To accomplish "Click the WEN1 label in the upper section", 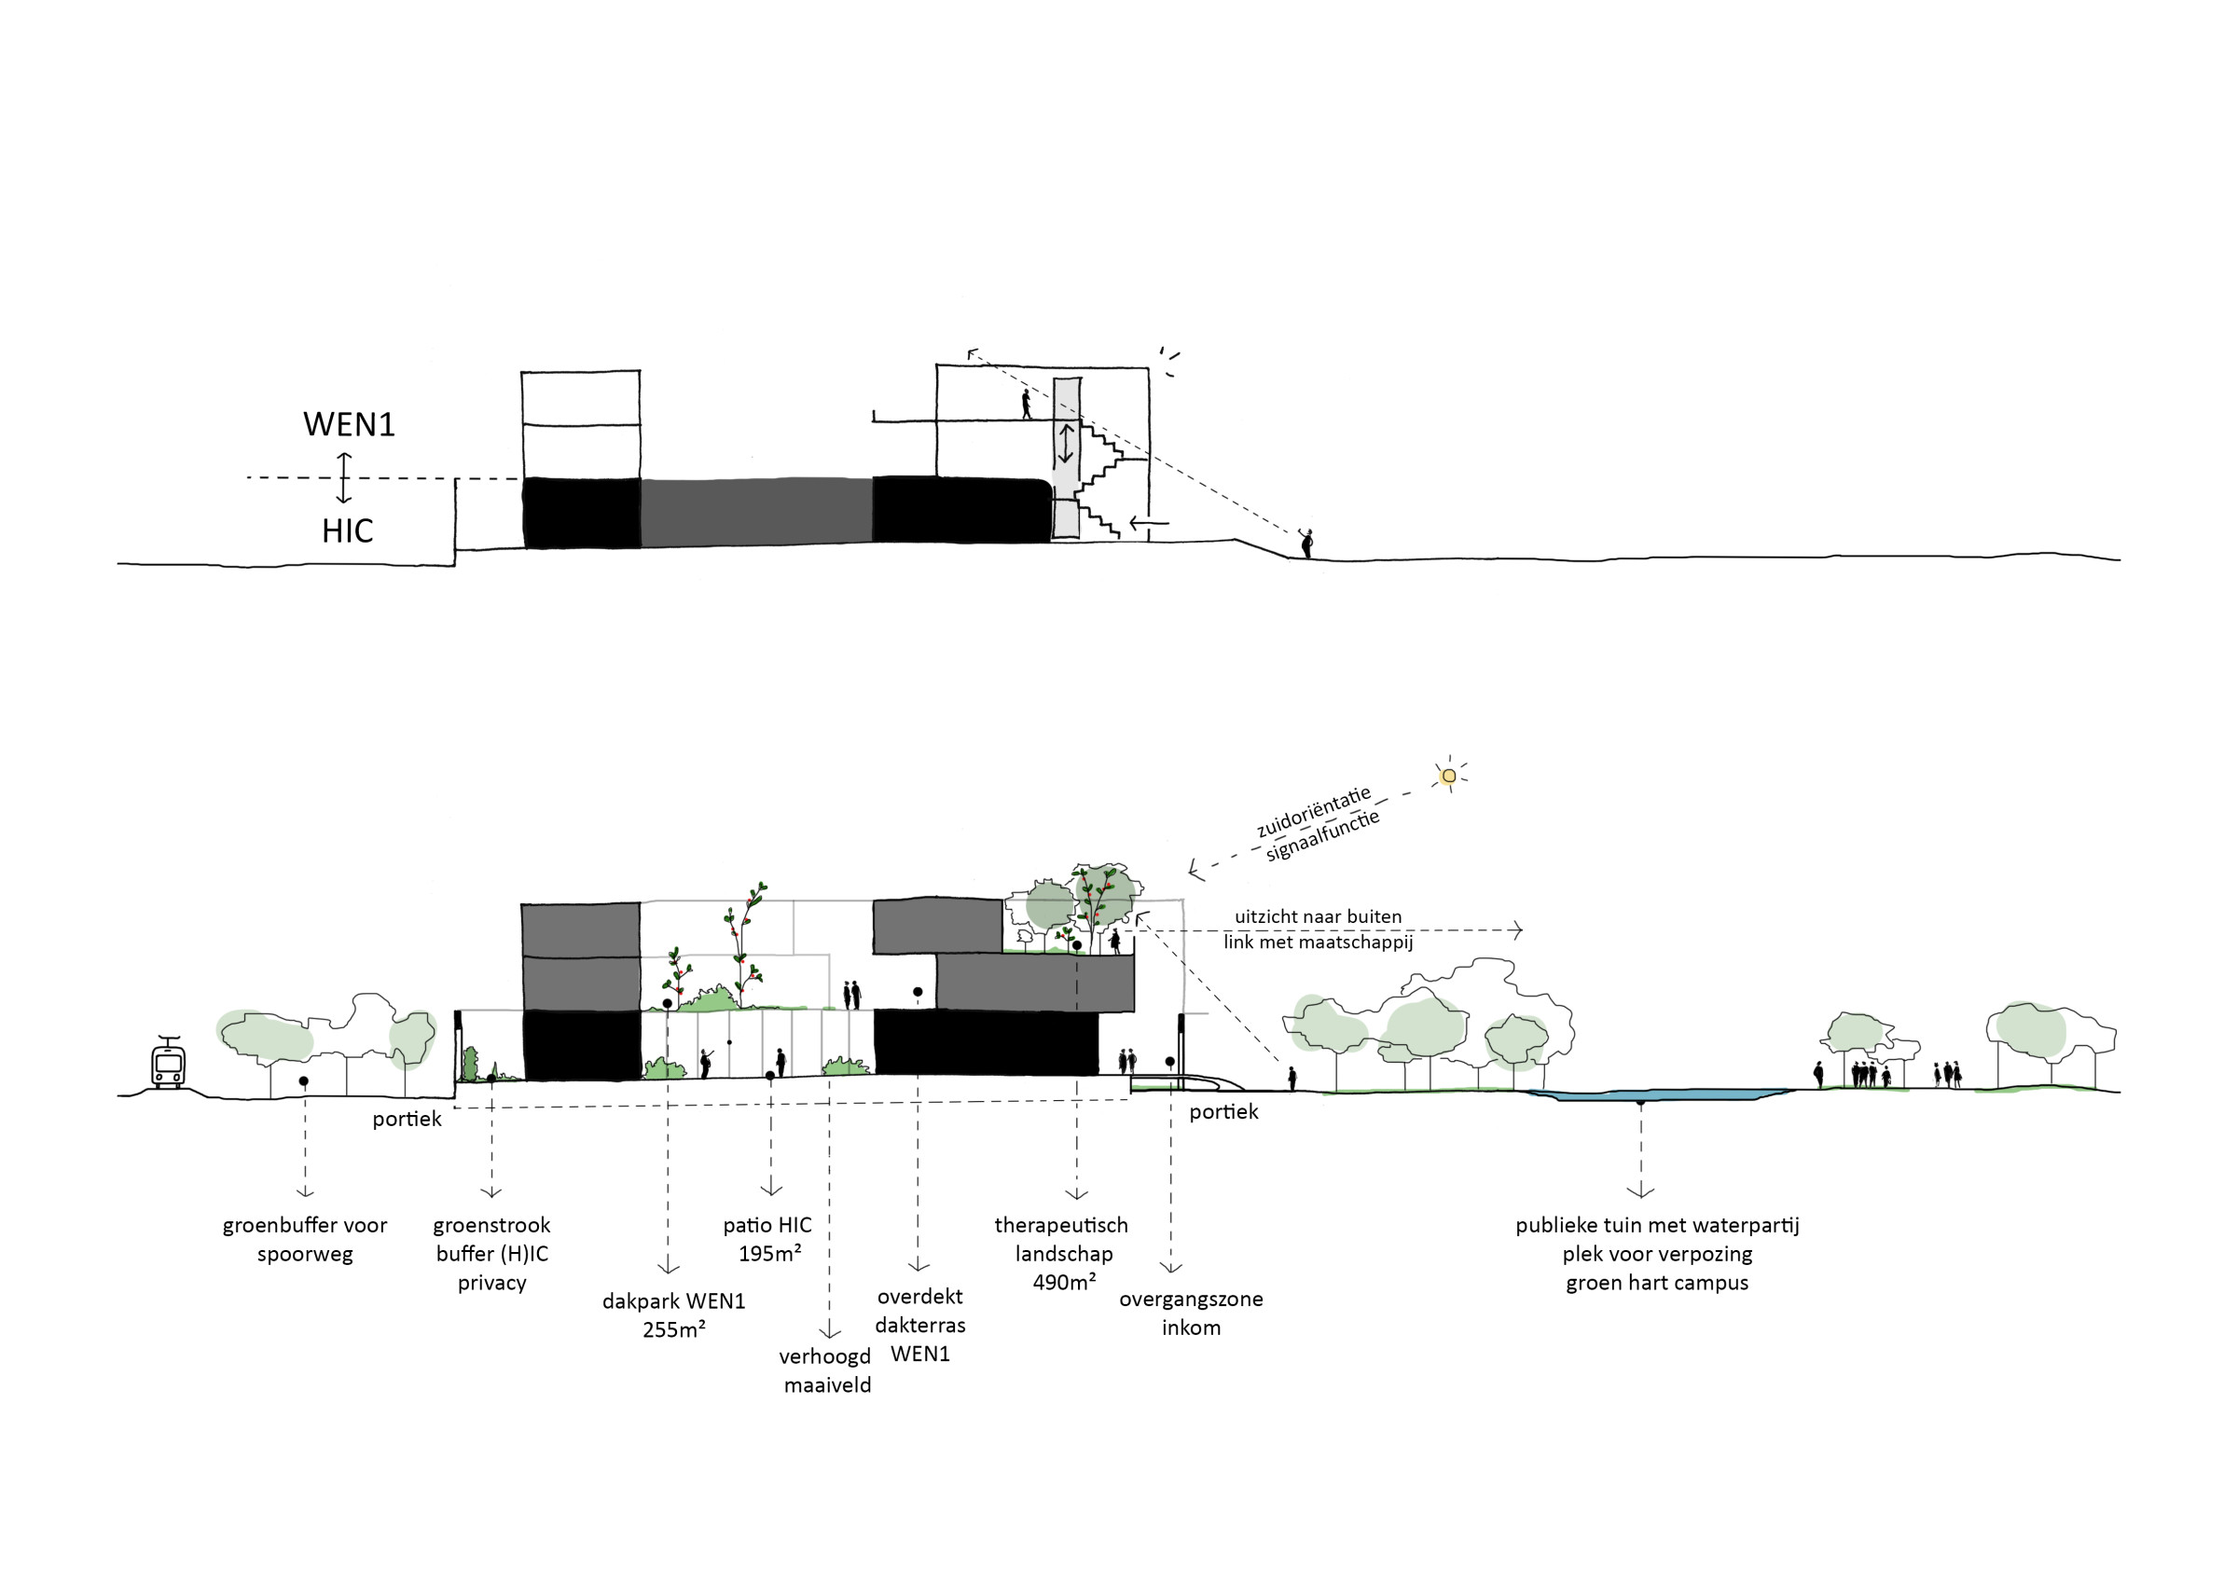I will [349, 425].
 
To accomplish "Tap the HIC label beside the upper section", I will [347, 531].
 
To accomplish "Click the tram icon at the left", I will [169, 1064].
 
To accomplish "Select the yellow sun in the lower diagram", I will [1448, 776].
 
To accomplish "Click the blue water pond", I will [1657, 1094].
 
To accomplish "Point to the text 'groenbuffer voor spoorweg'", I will [304, 1239].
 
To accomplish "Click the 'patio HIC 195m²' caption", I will [768, 1239].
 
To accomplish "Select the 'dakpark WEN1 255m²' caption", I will [673, 1315].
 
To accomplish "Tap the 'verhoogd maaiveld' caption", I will [825, 1370].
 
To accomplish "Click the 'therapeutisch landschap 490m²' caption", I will [1062, 1254].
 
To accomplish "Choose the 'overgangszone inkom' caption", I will [1190, 1313].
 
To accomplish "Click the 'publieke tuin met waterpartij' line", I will [1656, 1225].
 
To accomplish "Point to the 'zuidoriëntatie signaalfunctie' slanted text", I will [1317, 825].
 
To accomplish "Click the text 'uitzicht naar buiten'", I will [1318, 916].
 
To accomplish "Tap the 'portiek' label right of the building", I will [1223, 1112].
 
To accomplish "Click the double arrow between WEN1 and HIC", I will [343, 477].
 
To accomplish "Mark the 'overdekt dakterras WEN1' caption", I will [920, 1325].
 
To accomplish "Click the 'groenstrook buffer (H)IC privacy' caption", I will [491, 1254].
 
